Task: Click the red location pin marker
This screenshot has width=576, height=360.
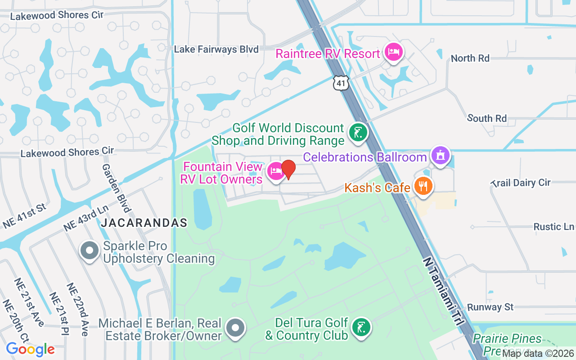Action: coord(288,169)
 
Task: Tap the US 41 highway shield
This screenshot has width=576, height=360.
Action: coord(341,83)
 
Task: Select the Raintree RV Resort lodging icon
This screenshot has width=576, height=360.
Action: coord(394,52)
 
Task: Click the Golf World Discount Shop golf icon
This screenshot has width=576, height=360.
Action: coord(358,133)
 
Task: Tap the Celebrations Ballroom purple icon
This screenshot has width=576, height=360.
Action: coord(441,155)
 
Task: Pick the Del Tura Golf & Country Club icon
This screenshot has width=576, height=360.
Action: coord(360,327)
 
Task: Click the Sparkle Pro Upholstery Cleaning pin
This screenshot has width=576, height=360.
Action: coord(90,251)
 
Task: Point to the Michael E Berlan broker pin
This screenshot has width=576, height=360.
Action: coord(235,328)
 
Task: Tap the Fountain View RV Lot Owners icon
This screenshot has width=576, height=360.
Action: coord(275,171)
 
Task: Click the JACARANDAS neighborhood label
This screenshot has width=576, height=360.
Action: coord(144,223)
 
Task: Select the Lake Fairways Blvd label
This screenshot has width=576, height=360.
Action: coord(216,49)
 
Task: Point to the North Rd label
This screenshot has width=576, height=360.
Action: coord(470,58)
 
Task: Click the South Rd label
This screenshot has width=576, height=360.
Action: coord(487,118)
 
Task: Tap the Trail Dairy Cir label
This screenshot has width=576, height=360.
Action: coord(521,183)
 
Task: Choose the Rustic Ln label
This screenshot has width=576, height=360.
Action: coord(553,226)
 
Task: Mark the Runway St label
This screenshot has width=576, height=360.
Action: coord(490,307)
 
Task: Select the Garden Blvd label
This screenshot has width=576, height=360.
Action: coord(116,188)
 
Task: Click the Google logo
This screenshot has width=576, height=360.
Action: coord(30,349)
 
